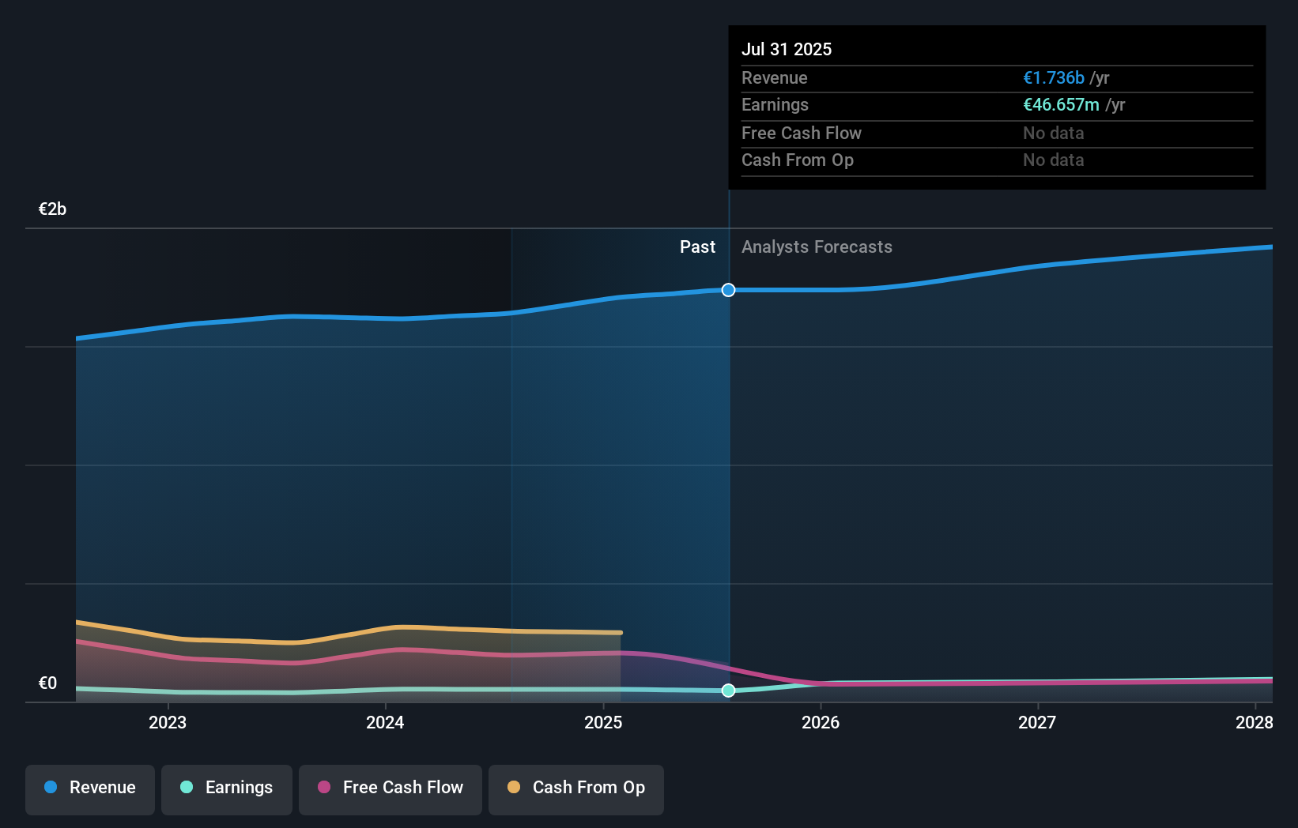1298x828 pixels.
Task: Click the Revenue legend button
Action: click(90, 788)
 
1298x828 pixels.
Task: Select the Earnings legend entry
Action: click(227, 788)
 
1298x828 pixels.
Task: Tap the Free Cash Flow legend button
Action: click(391, 788)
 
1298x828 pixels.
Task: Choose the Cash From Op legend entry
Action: click(576, 788)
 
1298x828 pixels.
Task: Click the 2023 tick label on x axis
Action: click(168, 722)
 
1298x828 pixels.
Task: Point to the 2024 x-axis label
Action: click(385, 722)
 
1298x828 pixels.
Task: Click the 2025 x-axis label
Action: click(603, 722)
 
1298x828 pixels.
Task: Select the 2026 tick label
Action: click(821, 722)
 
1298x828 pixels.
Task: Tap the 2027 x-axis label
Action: click(1037, 722)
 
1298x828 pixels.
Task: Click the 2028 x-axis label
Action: click(1254, 722)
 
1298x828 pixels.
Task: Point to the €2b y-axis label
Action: click(52, 209)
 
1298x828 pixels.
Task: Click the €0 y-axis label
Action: click(47, 683)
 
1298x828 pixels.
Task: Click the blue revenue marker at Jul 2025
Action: click(728, 290)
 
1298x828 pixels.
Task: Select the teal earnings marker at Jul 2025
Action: click(728, 691)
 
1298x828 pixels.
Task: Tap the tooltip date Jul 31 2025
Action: click(787, 49)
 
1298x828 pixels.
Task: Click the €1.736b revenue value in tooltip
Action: click(1054, 77)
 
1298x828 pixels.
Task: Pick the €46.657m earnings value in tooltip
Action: click(1061, 104)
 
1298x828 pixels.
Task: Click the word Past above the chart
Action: click(697, 247)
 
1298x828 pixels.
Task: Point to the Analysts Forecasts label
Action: click(817, 247)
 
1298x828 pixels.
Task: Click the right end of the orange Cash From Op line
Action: click(621, 632)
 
